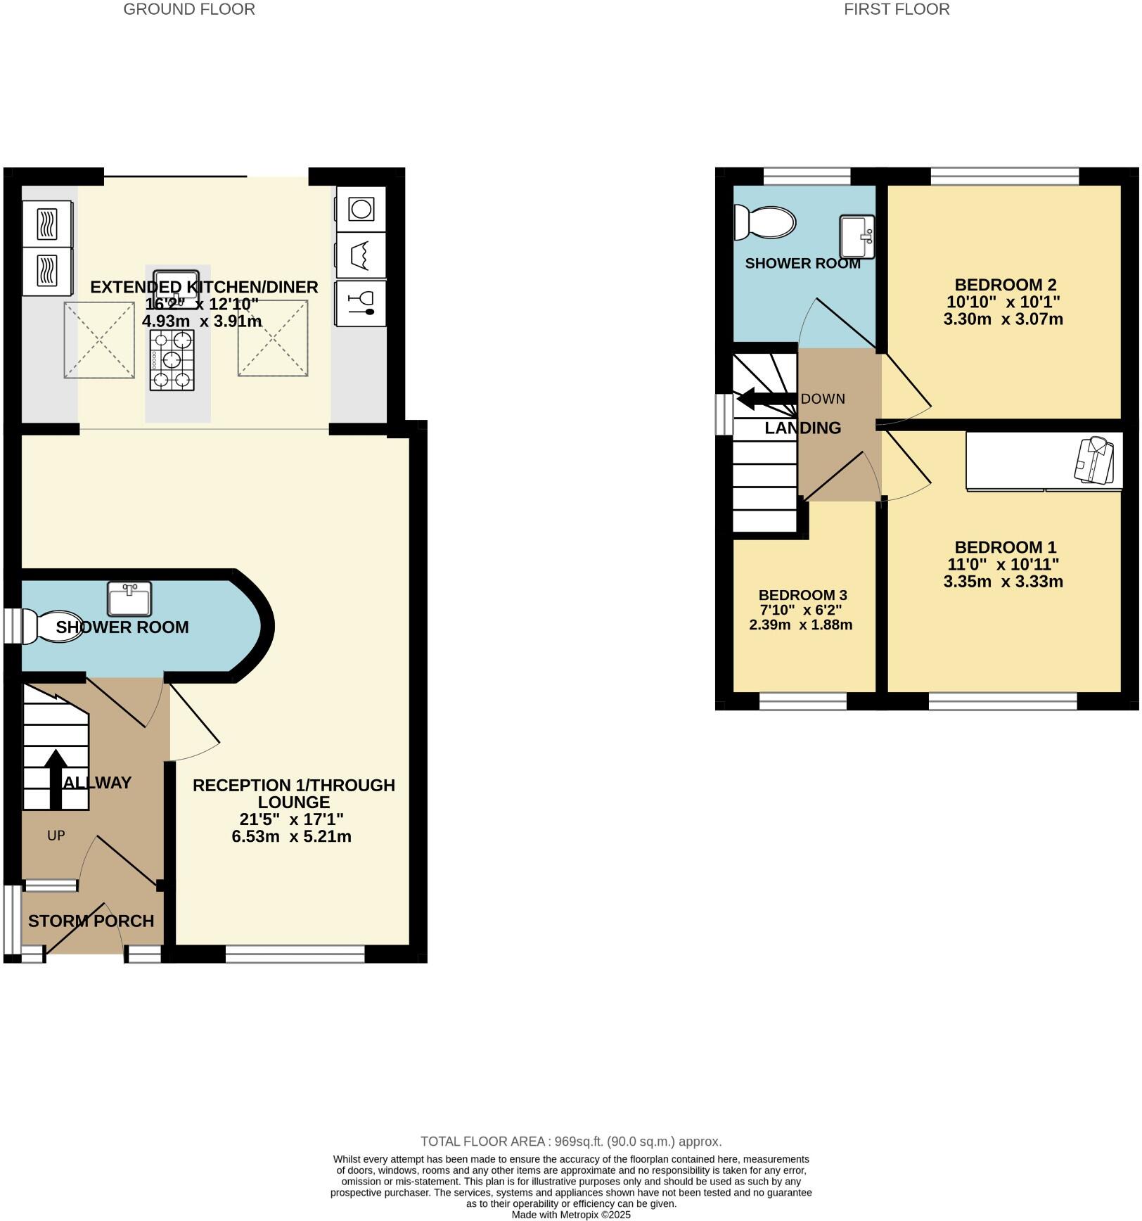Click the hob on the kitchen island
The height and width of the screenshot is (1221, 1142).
pyautogui.click(x=172, y=360)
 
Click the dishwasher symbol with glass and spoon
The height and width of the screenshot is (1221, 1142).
pyautogui.click(x=361, y=302)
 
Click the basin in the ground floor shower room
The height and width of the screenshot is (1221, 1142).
pyautogui.click(x=129, y=599)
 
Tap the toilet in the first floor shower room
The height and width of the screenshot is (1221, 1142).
pyautogui.click(x=764, y=223)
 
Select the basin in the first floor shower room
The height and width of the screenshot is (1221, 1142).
pyautogui.click(x=857, y=237)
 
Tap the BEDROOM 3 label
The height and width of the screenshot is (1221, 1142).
pyautogui.click(x=801, y=595)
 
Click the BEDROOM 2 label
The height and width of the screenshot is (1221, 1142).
pyautogui.click(x=1005, y=285)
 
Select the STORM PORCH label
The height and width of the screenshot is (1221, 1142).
pyautogui.click(x=91, y=921)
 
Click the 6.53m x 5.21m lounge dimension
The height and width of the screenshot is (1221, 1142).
pyautogui.click(x=291, y=836)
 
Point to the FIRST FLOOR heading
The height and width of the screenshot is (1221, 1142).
pyautogui.click(x=897, y=9)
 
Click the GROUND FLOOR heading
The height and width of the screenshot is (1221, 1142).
pyautogui.click(x=189, y=9)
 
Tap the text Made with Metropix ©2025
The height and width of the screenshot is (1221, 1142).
pyautogui.click(x=571, y=1215)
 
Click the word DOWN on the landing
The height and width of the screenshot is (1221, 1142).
pyautogui.click(x=823, y=399)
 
